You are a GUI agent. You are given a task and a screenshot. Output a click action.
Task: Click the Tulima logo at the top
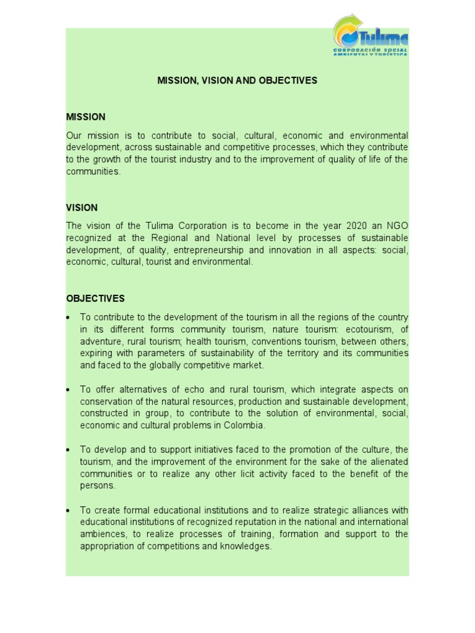coord(370,35)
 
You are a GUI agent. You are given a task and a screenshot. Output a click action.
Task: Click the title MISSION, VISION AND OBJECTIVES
coord(237,81)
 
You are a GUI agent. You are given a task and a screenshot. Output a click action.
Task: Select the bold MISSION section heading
coord(85,117)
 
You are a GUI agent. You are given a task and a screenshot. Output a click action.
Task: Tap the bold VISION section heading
coord(82,208)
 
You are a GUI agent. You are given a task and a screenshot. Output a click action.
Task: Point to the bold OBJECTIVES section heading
coord(95,299)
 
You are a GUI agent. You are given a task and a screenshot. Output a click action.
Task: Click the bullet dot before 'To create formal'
coord(68,511)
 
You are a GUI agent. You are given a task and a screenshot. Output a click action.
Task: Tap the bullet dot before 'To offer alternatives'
coord(68,390)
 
